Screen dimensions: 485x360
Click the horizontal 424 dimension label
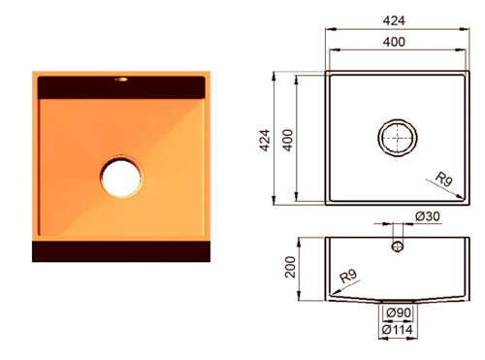tap(394, 21)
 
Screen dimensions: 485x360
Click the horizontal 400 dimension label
tap(394, 42)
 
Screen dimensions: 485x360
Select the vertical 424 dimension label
tap(265, 141)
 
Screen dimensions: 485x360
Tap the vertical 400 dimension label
tap(287, 141)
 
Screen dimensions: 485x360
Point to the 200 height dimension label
tap(290, 267)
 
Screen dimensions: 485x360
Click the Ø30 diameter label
tap(428, 216)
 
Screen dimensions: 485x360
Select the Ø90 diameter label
tap(399, 312)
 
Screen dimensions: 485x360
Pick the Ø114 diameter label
tap(397, 330)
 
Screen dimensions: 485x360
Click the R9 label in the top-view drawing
tap(444, 179)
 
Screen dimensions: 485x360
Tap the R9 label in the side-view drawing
tap(348, 276)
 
